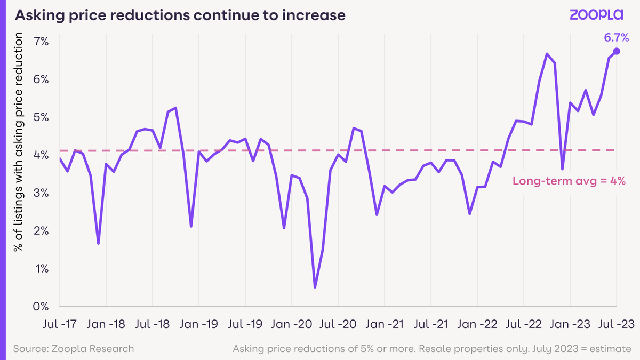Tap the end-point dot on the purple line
click(x=617, y=51)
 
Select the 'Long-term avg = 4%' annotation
click(x=569, y=181)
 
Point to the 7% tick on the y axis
click(x=41, y=42)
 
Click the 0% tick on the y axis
click(x=41, y=307)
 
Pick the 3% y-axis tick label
click(x=41, y=193)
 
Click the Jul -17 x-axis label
click(x=60, y=324)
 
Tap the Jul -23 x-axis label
click(x=616, y=324)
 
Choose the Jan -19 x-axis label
click(x=199, y=324)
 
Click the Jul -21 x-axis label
click(x=431, y=324)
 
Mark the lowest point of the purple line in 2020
click(x=315, y=287)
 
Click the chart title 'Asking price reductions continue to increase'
click(x=180, y=15)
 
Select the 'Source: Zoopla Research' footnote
click(x=74, y=349)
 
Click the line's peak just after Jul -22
click(x=547, y=54)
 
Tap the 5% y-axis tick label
click(x=41, y=117)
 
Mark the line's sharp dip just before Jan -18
click(x=99, y=244)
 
